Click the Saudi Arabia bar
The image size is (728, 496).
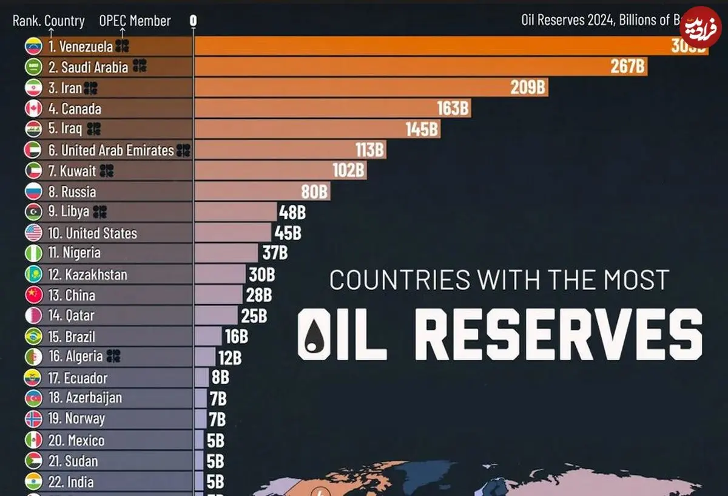tap(419, 67)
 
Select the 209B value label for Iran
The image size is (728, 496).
tap(528, 87)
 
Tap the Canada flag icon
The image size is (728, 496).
tap(33, 109)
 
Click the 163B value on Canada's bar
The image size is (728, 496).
tap(453, 109)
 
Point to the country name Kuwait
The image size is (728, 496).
tap(78, 171)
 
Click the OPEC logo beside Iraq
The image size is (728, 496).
tap(93, 129)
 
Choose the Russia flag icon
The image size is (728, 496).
tap(33, 192)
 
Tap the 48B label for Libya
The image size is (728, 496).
tap(292, 212)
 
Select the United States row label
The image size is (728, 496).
tap(92, 233)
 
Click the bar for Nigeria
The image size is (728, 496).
tap(226, 253)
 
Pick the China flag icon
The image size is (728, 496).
tap(33, 295)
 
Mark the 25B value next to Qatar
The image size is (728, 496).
tap(254, 316)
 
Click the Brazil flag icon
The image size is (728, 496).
tap(33, 336)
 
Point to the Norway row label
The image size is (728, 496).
tap(76, 419)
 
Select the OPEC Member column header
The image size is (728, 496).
tap(135, 21)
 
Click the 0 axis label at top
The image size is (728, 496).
tap(193, 21)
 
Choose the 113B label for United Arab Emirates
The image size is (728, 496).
tap(370, 150)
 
